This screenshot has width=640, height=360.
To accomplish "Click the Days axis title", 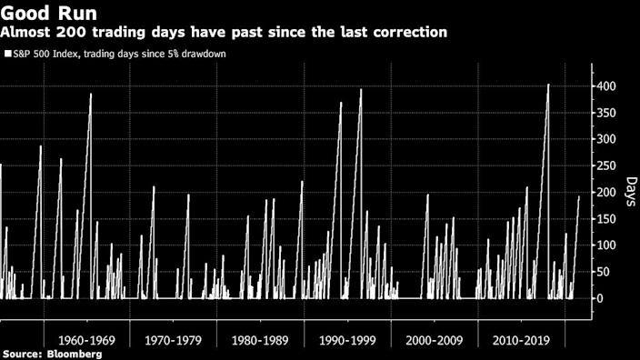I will (x=629, y=193).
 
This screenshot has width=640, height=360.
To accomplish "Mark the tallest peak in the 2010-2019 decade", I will (x=548, y=85).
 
